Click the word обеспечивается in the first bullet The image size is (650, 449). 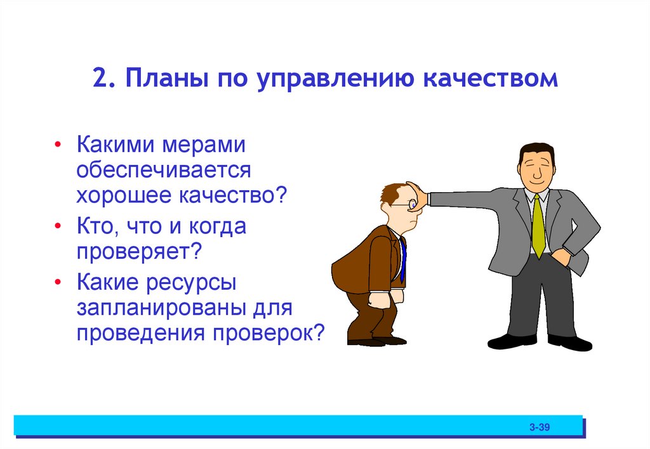(164, 170)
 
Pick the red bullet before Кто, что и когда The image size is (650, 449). (58, 226)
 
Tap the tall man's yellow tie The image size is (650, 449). (538, 225)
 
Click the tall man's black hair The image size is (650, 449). (534, 150)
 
